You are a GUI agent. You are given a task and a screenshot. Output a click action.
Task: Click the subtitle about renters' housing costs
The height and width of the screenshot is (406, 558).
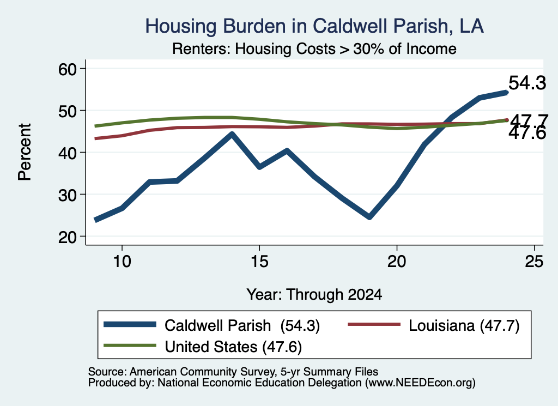(x=314, y=49)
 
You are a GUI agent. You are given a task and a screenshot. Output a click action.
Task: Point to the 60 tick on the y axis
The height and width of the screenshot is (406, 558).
(x=68, y=69)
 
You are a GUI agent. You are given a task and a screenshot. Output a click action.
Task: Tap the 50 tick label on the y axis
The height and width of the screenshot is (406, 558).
(x=68, y=111)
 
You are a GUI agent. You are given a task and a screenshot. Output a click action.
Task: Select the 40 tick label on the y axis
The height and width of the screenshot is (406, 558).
(x=68, y=153)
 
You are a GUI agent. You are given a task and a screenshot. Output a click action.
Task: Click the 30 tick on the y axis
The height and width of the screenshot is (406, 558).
(x=68, y=195)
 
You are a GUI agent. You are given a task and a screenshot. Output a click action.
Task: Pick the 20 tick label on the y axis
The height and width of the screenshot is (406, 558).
(x=68, y=237)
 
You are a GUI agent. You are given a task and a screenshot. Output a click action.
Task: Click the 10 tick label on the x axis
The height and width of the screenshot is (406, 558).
(x=122, y=262)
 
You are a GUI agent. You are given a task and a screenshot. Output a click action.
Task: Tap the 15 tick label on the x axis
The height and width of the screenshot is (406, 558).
(x=259, y=262)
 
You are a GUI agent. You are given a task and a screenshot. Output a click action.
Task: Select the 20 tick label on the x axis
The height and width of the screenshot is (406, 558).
(x=397, y=262)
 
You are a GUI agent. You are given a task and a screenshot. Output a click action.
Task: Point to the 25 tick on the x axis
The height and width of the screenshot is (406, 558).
(x=534, y=262)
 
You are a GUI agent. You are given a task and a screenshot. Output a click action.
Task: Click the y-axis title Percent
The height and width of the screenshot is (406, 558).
(x=25, y=152)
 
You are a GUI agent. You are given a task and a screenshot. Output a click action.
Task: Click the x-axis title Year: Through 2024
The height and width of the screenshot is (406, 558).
(x=314, y=295)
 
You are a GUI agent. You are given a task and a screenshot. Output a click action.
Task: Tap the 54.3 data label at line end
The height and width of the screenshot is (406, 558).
(x=527, y=83)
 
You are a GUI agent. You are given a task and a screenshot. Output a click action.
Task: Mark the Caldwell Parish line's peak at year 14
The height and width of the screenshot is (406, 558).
(x=232, y=134)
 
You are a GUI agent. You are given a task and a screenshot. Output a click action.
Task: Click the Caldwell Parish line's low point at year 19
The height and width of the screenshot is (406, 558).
(x=369, y=217)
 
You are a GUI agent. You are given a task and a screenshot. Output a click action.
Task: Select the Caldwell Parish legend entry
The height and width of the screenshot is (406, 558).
(x=212, y=325)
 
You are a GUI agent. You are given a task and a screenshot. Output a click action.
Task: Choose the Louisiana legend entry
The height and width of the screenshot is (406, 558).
(x=433, y=325)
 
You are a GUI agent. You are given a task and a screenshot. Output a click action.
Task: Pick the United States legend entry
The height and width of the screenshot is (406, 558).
(x=203, y=347)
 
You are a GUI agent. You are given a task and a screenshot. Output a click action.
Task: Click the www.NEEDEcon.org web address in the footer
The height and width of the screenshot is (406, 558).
(x=420, y=383)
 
